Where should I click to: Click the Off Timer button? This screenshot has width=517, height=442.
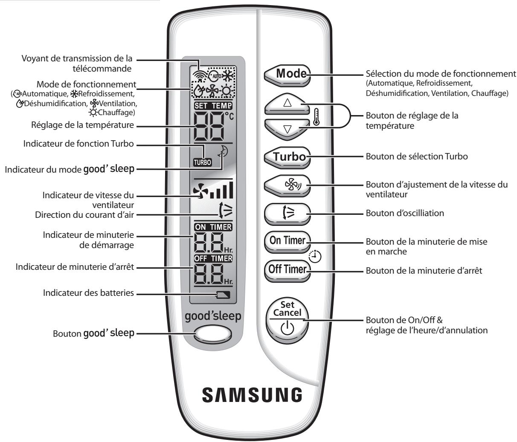(287, 269)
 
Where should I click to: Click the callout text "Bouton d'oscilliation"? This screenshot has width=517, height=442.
(404, 213)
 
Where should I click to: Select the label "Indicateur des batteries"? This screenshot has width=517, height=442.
(88, 293)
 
